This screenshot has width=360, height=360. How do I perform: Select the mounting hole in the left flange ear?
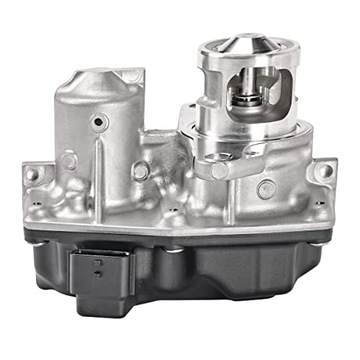[x=33, y=173]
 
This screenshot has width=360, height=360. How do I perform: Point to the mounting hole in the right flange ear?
[x=322, y=172]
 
